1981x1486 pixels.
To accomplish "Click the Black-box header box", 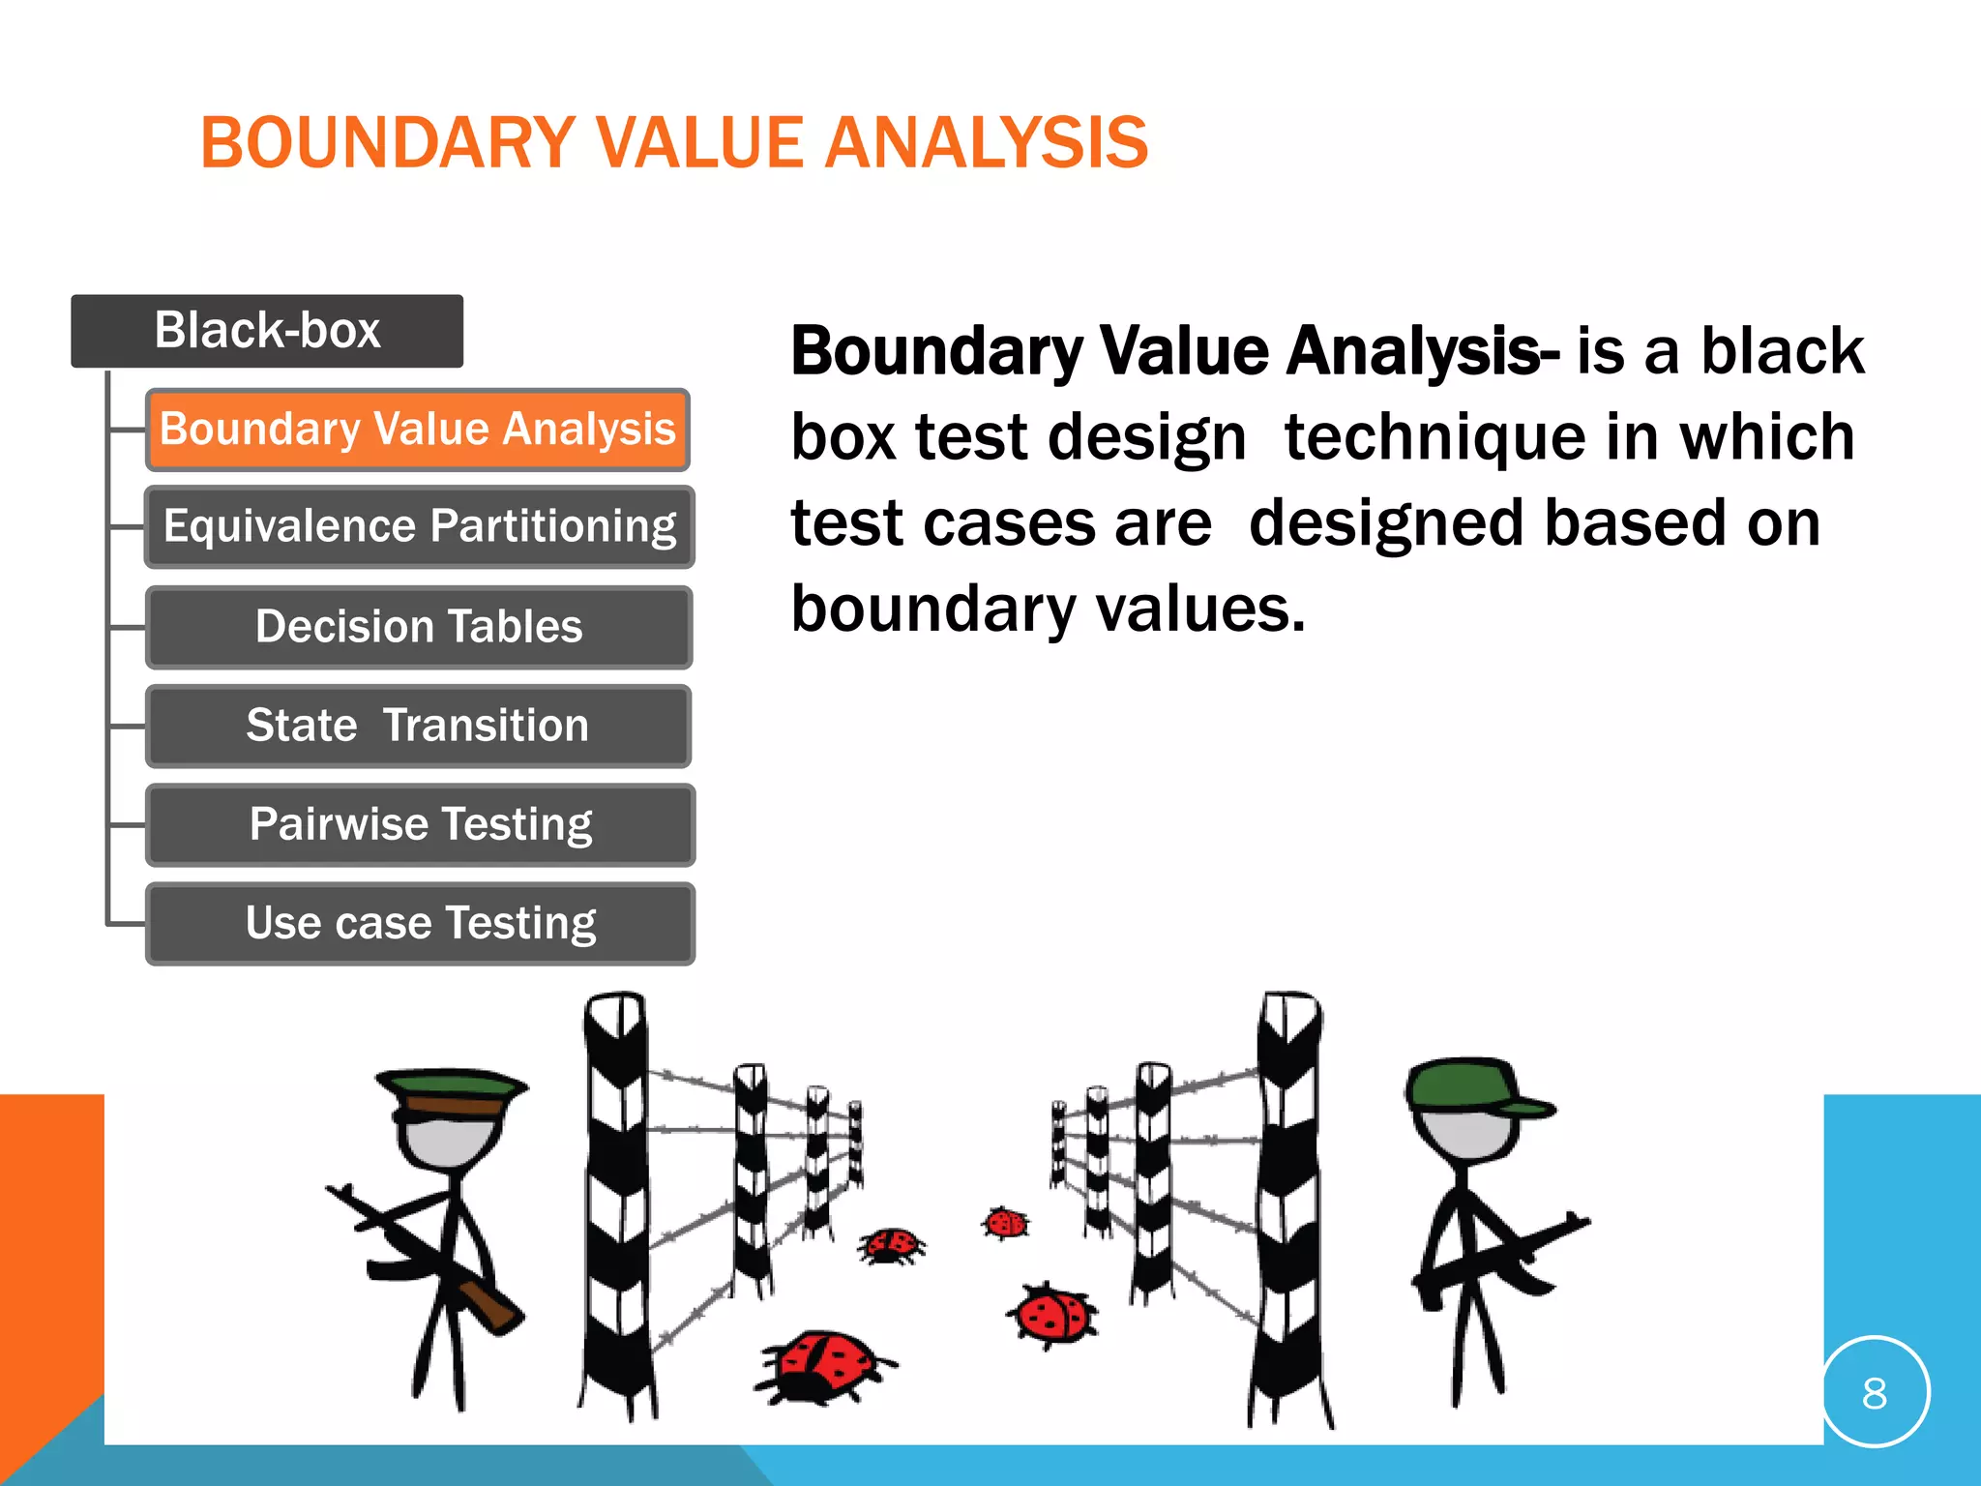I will click(267, 331).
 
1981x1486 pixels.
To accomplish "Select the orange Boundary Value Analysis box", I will click(417, 430).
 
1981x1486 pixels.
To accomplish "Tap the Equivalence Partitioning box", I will click(419, 527).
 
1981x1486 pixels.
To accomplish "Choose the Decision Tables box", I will click(419, 627).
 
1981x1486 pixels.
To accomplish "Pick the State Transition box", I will click(418, 726).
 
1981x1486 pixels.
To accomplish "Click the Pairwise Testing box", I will click(420, 824).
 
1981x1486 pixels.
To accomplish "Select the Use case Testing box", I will click(420, 923).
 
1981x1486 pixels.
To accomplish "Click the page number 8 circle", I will click(1874, 1393).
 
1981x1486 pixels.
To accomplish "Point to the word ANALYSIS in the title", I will click(986, 143).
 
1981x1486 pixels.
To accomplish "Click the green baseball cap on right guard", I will click(1470, 1087).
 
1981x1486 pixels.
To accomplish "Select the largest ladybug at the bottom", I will click(824, 1366).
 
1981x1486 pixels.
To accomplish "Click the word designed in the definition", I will click(1388, 523).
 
